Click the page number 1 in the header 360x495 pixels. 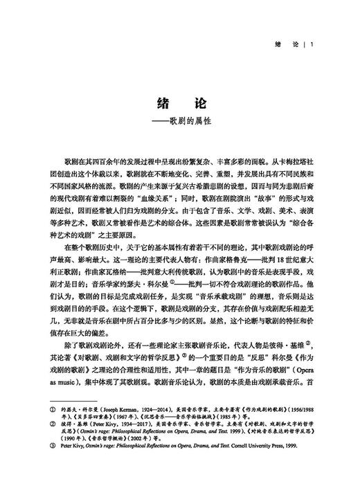[x=314, y=46]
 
